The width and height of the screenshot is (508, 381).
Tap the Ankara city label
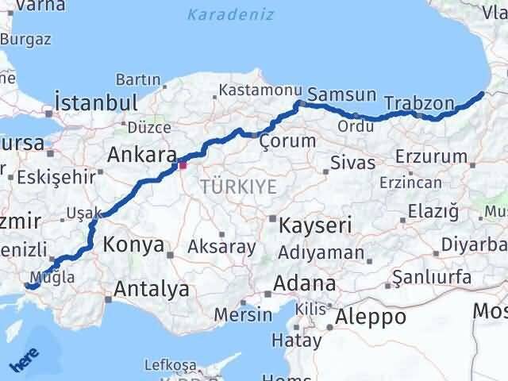140,154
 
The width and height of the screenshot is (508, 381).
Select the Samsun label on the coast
341,94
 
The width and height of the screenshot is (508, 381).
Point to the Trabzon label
419,103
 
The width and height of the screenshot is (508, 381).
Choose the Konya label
133,244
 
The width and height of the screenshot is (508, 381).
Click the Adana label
304,283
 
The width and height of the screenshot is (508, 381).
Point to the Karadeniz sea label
231,14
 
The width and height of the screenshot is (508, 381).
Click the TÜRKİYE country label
239,187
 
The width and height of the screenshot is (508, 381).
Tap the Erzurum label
429,156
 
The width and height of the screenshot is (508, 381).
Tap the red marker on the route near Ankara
183,165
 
